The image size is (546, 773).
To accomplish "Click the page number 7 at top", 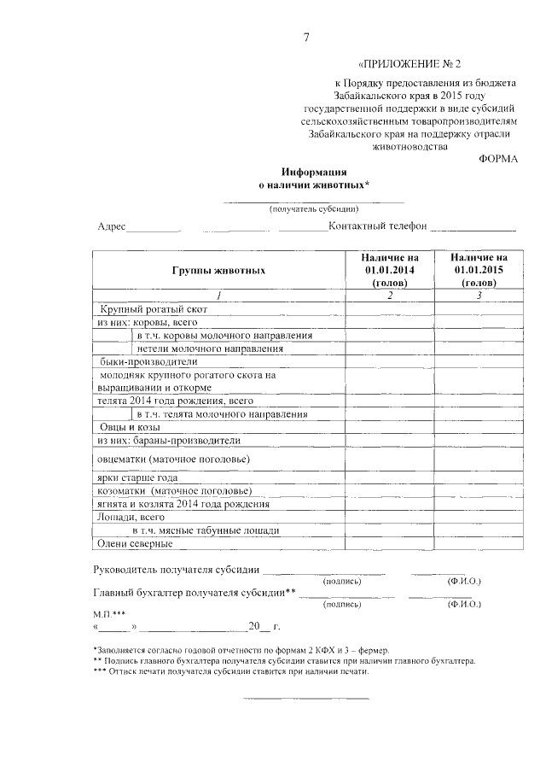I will coord(305,37).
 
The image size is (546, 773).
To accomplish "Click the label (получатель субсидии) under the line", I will coord(313,208).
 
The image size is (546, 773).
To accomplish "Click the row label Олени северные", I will coord(132,543).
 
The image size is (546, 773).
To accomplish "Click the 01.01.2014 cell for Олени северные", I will coord(389,543).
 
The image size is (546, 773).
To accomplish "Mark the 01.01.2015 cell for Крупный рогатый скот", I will coord(479,308).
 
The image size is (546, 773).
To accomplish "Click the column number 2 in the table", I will coord(389,296).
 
